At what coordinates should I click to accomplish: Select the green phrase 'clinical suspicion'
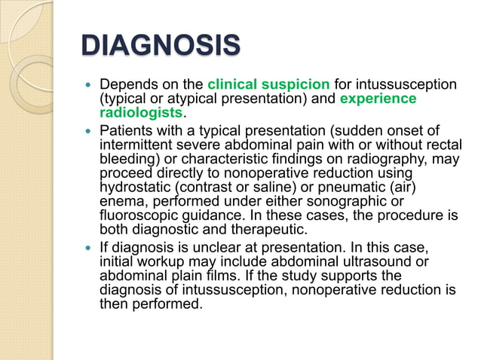268,85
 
